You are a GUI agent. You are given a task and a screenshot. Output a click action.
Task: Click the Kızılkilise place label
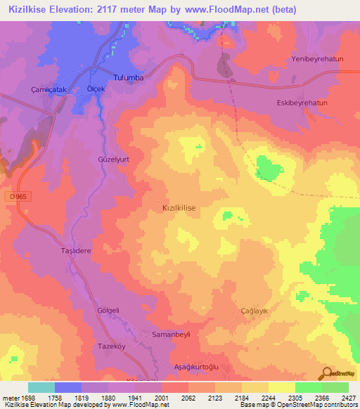click(179, 209)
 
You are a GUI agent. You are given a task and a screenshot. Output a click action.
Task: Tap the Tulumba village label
click(128, 77)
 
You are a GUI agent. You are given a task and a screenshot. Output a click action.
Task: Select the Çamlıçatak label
click(48, 90)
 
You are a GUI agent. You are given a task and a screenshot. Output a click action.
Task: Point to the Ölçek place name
click(96, 89)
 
